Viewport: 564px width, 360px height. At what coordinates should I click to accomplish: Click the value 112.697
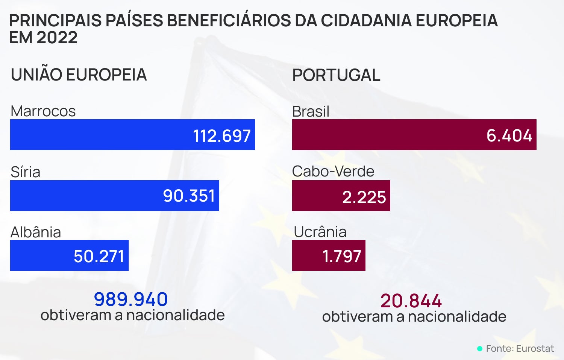click(221, 136)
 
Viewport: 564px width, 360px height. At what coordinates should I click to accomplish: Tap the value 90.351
click(189, 196)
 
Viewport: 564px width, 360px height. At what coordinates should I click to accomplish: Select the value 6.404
click(509, 135)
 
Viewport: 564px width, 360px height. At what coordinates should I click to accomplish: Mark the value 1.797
click(342, 256)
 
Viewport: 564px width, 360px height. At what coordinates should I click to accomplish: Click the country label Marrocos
click(43, 111)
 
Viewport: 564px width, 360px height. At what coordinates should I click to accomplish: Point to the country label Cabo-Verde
click(333, 172)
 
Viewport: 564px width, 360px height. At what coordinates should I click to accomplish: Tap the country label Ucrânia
click(320, 232)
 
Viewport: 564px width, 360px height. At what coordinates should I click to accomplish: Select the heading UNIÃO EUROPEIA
click(79, 74)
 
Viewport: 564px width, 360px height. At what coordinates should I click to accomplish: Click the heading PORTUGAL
click(336, 75)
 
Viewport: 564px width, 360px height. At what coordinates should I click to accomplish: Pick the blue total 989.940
click(131, 299)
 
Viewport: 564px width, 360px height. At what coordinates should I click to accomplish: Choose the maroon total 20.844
click(411, 301)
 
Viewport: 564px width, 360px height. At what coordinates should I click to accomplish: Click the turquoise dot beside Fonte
click(480, 349)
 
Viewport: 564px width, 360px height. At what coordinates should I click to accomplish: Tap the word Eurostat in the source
click(535, 349)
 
